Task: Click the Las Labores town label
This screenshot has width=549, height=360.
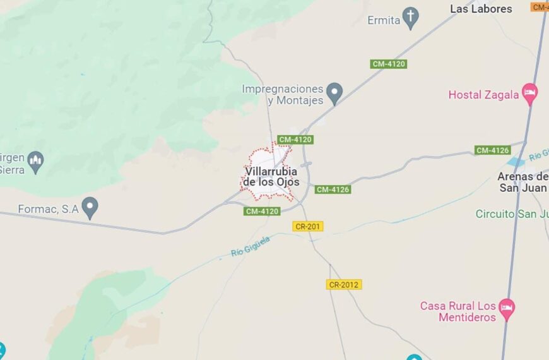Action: [x=481, y=9]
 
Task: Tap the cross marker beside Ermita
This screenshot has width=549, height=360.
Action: [x=411, y=18]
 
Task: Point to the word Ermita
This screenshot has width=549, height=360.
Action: [x=384, y=20]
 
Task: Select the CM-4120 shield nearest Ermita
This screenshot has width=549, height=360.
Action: [x=388, y=64]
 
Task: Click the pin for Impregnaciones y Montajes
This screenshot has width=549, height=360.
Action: [x=334, y=93]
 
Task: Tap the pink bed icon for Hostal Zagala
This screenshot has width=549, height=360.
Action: [x=530, y=93]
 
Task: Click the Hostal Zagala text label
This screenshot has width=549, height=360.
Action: [x=483, y=95]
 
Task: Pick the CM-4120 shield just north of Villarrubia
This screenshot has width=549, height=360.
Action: [x=295, y=140]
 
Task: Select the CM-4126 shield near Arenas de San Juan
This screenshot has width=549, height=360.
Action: [x=492, y=150]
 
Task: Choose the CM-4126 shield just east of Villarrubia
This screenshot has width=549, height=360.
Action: [x=333, y=189]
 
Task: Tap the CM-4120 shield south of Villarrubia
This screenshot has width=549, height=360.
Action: [x=262, y=211]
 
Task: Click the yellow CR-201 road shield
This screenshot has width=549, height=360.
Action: [x=308, y=226]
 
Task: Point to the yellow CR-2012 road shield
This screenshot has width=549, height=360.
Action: [x=344, y=285]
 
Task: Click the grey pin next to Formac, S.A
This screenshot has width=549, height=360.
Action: [x=90, y=207]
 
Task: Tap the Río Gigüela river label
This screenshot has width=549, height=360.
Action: [x=251, y=246]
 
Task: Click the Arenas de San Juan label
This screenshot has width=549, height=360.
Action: [x=522, y=182]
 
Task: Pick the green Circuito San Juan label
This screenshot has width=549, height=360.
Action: [x=512, y=213]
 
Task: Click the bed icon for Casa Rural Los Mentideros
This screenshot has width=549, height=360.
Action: [x=506, y=309]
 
